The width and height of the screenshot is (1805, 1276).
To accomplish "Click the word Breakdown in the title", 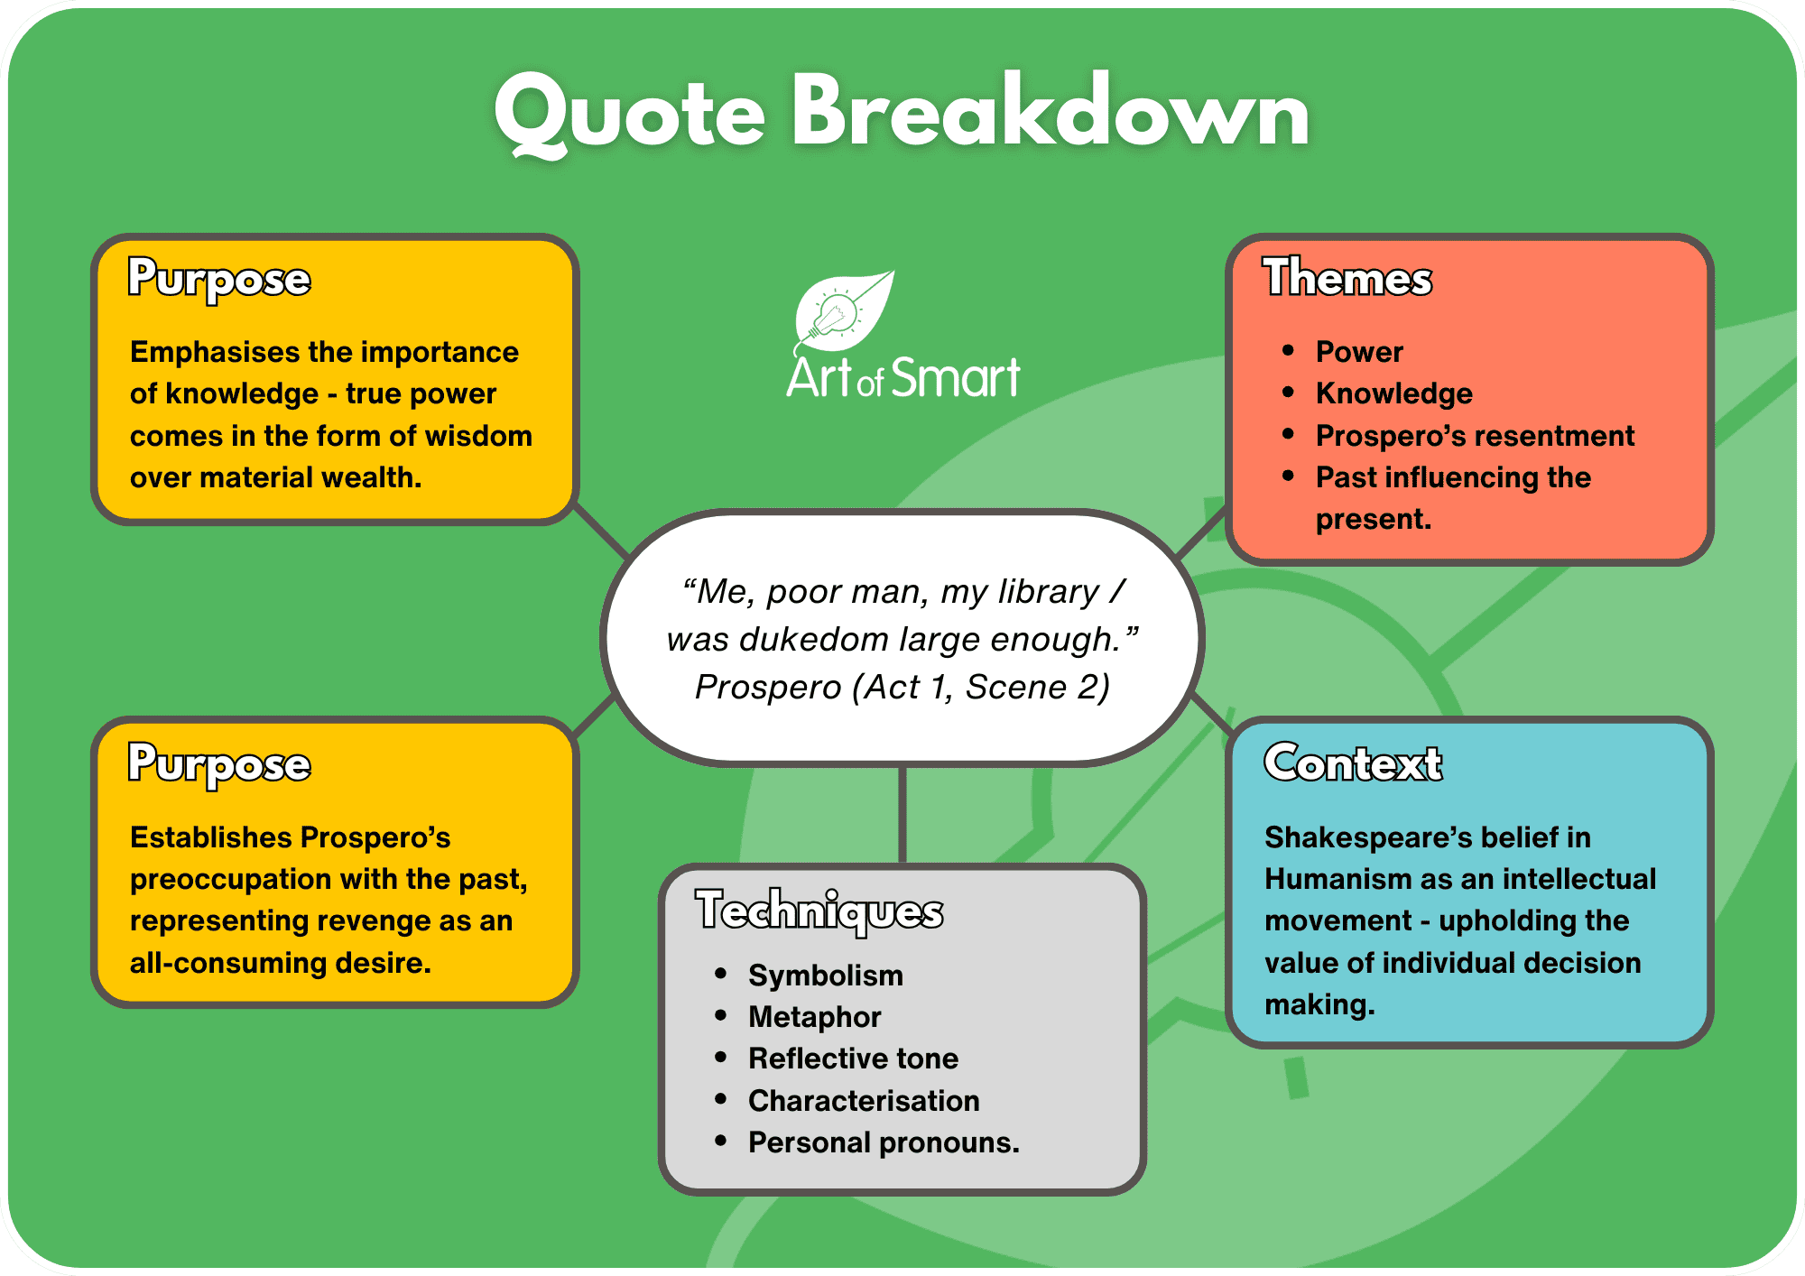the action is [1051, 110].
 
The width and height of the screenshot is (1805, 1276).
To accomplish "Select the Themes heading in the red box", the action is [1347, 277].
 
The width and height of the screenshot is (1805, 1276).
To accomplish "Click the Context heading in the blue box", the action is [1353, 763].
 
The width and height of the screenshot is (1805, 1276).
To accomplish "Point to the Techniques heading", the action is [819, 910].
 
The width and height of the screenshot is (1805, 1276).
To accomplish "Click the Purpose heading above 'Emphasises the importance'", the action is [219, 279].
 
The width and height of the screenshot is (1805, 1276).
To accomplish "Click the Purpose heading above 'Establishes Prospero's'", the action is [219, 764].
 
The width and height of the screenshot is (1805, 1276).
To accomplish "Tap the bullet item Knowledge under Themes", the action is [1394, 393].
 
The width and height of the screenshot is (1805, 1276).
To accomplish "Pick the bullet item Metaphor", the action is [815, 1017].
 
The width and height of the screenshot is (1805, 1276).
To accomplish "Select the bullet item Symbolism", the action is [826, 975].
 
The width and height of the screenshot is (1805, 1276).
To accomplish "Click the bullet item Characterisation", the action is [864, 1101].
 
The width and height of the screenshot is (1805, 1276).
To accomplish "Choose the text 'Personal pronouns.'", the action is [884, 1142].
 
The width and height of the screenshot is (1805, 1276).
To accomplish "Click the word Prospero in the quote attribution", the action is [768, 688].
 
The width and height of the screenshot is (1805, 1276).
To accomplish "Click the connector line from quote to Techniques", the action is [902, 815].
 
